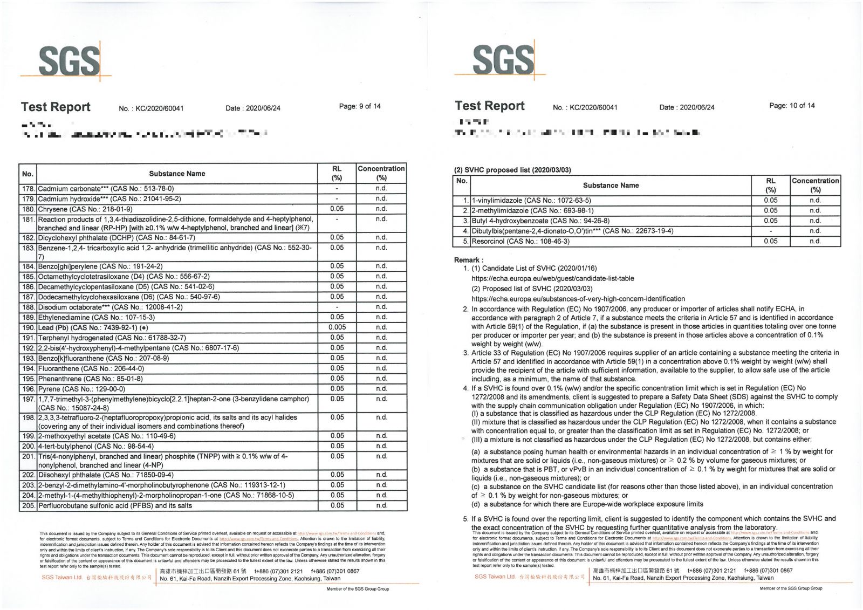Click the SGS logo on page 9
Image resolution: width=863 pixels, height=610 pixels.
coord(69,60)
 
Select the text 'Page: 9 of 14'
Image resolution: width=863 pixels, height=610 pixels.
coord(360,106)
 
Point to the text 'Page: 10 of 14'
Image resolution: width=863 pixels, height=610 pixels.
coord(792,105)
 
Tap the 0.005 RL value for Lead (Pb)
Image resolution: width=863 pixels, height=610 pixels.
coord(337,327)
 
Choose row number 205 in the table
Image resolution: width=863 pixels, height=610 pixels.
coord(28,506)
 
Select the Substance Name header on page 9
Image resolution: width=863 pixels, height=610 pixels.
coord(177,174)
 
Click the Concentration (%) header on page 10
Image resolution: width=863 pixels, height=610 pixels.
coord(815,185)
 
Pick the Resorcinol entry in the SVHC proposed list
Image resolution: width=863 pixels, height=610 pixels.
coord(520,242)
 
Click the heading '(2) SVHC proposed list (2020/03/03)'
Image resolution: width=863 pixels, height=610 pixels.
coord(512,170)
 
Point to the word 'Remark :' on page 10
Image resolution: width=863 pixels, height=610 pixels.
coord(469,260)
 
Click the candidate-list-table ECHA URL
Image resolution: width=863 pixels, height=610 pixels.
coord(552,279)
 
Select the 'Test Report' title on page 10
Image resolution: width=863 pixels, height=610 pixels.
coord(489,106)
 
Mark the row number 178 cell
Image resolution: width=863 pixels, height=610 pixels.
coord(28,189)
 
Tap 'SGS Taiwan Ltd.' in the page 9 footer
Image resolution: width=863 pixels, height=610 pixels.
coord(62,578)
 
